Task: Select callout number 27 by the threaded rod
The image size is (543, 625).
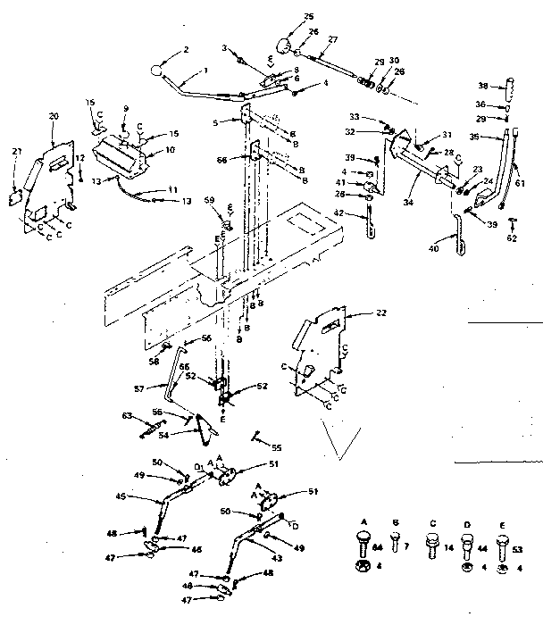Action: pos(332,39)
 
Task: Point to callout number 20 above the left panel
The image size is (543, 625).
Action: pos(54,117)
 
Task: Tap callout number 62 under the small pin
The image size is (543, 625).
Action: pos(512,239)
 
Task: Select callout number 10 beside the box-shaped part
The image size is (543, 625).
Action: pos(159,150)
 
